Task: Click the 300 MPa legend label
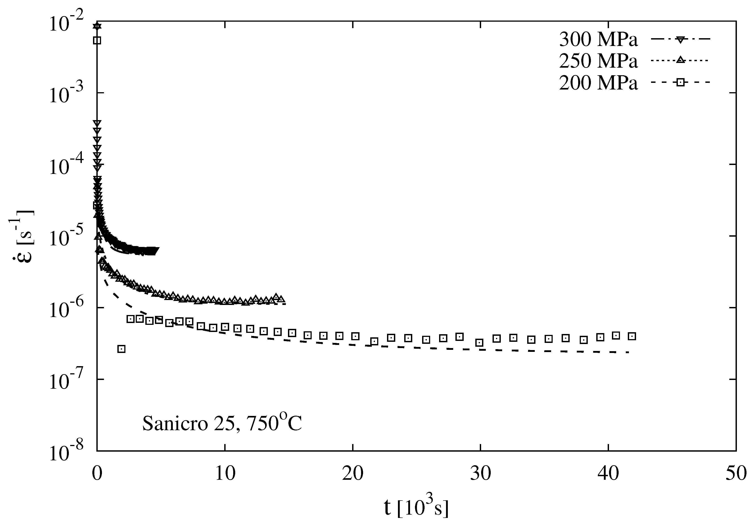[x=598, y=40]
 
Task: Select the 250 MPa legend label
[x=598, y=61]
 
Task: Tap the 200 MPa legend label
[x=598, y=83]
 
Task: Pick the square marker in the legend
[x=680, y=82]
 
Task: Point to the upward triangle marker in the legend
[x=680, y=60]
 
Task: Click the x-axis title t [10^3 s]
[x=416, y=508]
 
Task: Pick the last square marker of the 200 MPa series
[x=632, y=336]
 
